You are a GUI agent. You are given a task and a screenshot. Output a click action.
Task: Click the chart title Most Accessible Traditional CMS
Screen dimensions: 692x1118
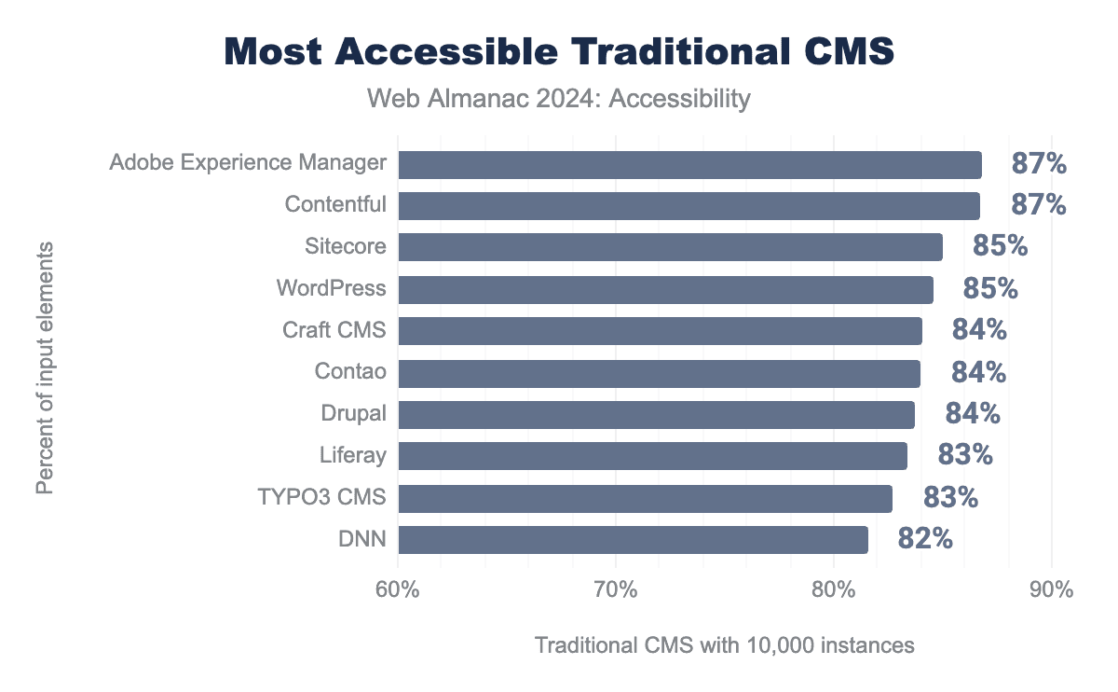click(x=559, y=52)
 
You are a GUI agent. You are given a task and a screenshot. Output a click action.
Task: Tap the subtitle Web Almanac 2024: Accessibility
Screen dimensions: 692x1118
click(x=559, y=98)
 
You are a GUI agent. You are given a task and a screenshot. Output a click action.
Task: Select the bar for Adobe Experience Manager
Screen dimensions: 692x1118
click(x=689, y=164)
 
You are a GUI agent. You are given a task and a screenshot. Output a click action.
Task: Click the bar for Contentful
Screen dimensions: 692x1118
click(x=689, y=205)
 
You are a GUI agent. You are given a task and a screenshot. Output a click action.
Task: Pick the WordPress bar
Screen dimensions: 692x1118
click(x=665, y=289)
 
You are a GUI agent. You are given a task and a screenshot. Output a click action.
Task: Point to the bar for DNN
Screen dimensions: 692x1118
click(x=633, y=540)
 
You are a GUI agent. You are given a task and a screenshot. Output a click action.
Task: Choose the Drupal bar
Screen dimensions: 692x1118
click(x=656, y=414)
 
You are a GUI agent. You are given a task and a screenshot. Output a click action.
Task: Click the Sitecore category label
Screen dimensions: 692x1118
click(x=345, y=247)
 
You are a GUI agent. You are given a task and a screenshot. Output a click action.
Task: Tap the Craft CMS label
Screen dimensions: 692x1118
click(x=334, y=330)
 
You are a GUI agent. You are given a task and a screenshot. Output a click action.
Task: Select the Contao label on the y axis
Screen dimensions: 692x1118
click(x=350, y=372)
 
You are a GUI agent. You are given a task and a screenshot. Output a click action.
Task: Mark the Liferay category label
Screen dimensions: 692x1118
click(x=352, y=455)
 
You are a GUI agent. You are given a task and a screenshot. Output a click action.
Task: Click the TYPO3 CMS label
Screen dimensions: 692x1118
click(x=321, y=497)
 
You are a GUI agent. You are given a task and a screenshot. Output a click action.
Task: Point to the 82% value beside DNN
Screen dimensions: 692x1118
click(x=925, y=539)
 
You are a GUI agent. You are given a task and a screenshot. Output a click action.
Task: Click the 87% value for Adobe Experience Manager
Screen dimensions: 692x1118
click(x=1039, y=164)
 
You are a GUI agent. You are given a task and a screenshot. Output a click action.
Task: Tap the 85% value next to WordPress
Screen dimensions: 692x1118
click(x=990, y=289)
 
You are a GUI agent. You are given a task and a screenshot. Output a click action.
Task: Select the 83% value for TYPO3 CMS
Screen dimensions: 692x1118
click(x=950, y=497)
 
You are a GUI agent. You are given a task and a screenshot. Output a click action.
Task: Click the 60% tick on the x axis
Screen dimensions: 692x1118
click(x=398, y=590)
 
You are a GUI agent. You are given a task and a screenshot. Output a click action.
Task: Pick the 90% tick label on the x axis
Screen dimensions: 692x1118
click(x=1051, y=590)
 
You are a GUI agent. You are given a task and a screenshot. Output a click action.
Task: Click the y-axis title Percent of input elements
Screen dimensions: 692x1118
click(x=44, y=367)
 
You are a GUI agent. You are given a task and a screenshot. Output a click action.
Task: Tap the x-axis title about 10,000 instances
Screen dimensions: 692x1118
click(x=724, y=644)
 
